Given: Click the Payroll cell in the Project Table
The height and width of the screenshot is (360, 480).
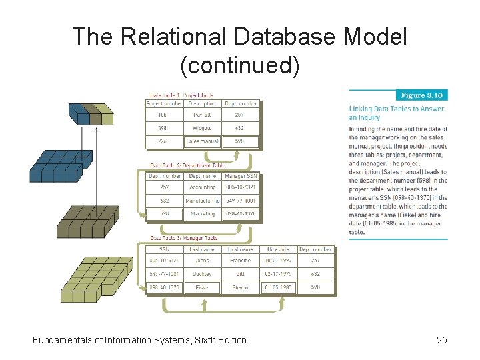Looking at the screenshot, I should pyautogui.click(x=202, y=115).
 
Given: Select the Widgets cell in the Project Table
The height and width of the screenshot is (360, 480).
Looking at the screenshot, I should pyautogui.click(x=202, y=128).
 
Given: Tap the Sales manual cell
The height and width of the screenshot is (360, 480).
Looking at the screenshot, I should pyautogui.click(x=202, y=141).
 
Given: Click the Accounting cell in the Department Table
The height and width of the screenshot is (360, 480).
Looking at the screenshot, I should pyautogui.click(x=202, y=188).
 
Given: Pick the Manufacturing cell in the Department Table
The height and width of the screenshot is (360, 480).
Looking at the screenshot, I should pyautogui.click(x=202, y=201).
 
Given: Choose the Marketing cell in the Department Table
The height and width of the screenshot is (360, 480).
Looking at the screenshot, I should pyautogui.click(x=202, y=214).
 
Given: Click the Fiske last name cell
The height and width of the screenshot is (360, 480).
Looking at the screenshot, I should pyautogui.click(x=202, y=287).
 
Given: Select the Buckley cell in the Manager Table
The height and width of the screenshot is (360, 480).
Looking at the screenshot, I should pyautogui.click(x=202, y=274).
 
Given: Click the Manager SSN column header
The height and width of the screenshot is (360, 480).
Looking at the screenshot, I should pyautogui.click(x=240, y=176).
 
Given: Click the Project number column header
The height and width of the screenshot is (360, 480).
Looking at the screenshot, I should pyautogui.click(x=164, y=103).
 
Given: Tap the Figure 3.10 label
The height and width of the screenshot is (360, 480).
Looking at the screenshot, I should pyautogui.click(x=421, y=95).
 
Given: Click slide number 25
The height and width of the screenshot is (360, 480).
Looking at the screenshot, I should pyautogui.click(x=441, y=340).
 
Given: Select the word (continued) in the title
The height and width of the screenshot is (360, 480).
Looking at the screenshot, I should pyautogui.click(x=240, y=65).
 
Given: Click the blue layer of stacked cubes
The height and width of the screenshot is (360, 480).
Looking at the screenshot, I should pyautogui.click(x=57, y=165).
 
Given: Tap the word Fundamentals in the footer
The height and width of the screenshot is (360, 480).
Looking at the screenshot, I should pyautogui.click(x=63, y=340).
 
